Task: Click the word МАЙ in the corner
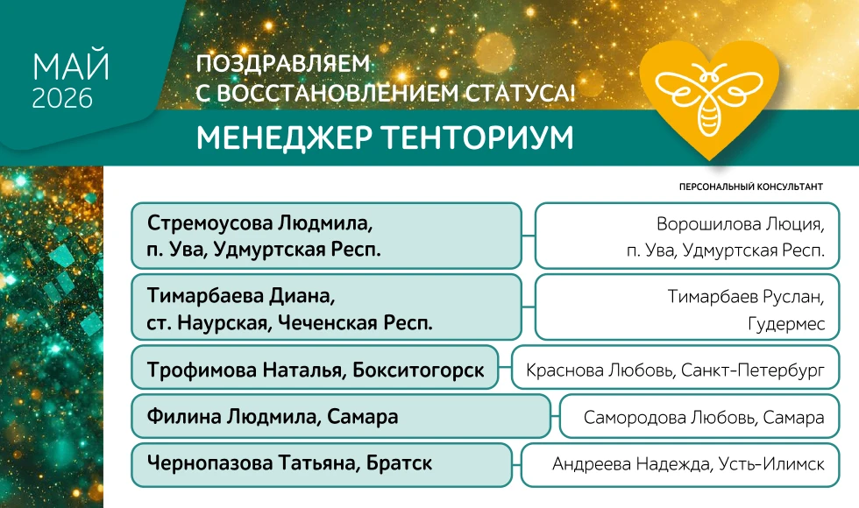(71, 66)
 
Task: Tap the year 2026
(62, 98)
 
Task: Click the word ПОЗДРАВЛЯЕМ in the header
(283, 63)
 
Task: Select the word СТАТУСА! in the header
(521, 92)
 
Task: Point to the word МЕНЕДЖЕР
(285, 137)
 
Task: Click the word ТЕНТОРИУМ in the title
(478, 137)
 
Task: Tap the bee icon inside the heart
(709, 97)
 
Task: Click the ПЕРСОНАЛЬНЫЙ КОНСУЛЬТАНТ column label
(750, 187)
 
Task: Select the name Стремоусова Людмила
(259, 223)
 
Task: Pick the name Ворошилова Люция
(740, 224)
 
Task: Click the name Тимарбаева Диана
(240, 296)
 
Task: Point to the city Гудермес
(786, 324)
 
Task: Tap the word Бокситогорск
(419, 370)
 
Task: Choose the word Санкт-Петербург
(752, 370)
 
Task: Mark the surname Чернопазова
(209, 463)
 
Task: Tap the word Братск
(399, 463)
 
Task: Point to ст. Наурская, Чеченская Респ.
(289, 323)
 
